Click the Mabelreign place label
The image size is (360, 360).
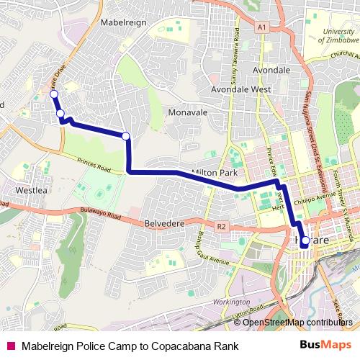click(x=125, y=22)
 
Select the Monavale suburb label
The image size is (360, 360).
click(x=187, y=113)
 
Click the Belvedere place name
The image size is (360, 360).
click(x=166, y=224)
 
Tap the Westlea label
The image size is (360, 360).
click(x=31, y=191)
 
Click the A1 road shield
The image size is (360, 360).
click(x=261, y=27)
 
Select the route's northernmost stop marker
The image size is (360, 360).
click(x=53, y=94)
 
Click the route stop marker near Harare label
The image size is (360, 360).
click(x=305, y=240)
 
